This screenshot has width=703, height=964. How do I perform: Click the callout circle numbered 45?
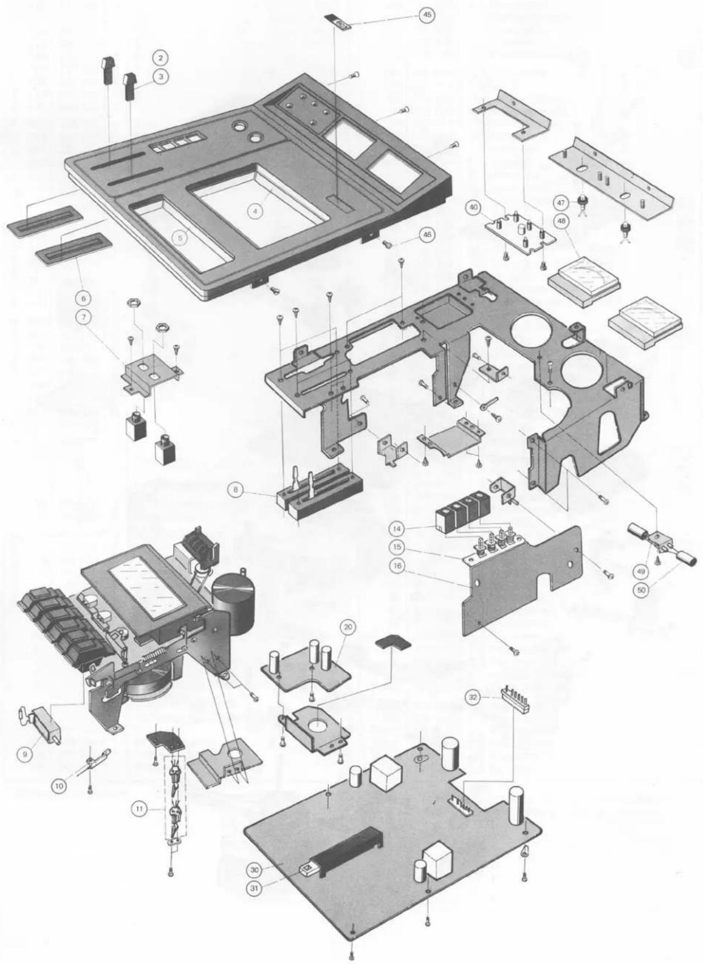pyautogui.click(x=426, y=15)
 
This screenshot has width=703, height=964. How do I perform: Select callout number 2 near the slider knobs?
pyautogui.click(x=160, y=58)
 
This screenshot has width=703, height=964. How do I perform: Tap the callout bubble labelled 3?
pyautogui.click(x=160, y=77)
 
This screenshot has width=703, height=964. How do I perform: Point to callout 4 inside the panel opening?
pyautogui.click(x=254, y=209)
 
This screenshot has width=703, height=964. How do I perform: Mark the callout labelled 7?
pyautogui.click(x=84, y=318)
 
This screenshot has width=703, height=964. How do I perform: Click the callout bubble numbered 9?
pyautogui.click(x=24, y=754)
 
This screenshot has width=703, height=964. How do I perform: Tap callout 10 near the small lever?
pyautogui.click(x=59, y=786)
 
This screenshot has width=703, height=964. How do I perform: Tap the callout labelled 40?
pyautogui.click(x=474, y=207)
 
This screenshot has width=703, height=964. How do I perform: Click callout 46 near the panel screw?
pyautogui.click(x=426, y=235)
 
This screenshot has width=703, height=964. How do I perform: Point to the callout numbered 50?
pyautogui.click(x=641, y=591)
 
